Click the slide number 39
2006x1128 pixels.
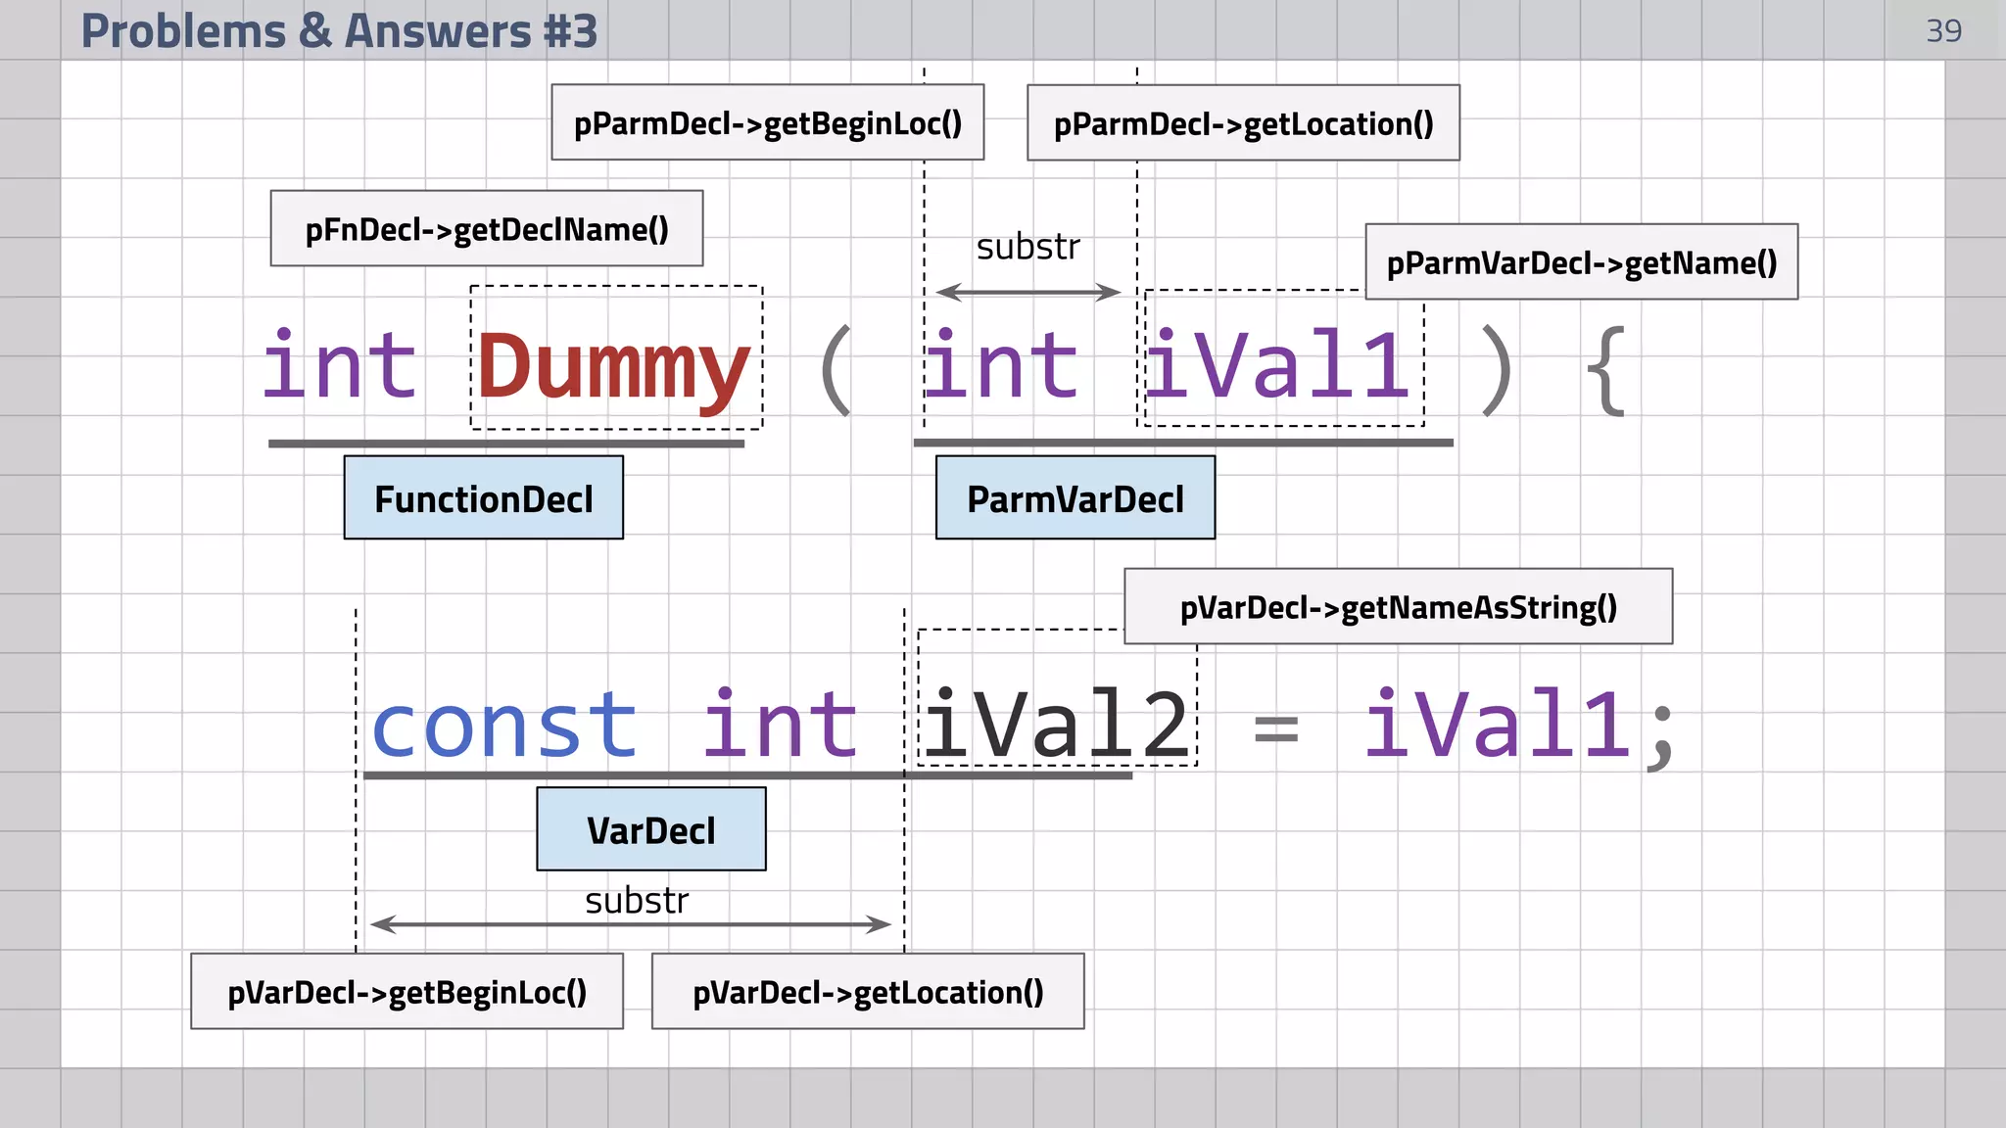[1943, 31]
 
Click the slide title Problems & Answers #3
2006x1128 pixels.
[339, 30]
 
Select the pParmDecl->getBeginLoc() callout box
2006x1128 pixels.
[767, 123]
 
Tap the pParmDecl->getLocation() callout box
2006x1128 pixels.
[1243, 123]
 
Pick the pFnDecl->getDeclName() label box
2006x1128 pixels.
[487, 229]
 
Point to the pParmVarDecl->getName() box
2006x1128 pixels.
[1581, 262]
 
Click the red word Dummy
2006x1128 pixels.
[614, 366]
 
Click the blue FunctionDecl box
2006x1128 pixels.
[483, 498]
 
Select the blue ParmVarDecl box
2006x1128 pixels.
[1075, 498]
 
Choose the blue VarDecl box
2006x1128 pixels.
[651, 829]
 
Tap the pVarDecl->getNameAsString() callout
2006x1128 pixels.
[1398, 607]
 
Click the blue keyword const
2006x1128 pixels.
[504, 726]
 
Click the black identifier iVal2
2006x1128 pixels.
[1056, 726]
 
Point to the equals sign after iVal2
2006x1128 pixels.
[1276, 729]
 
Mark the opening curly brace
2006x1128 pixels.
[1605, 371]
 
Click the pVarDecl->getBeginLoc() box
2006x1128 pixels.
[406, 992]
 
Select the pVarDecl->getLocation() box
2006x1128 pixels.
[868, 992]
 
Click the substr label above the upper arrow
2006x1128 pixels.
[1027, 247]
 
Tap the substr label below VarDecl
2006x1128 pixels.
[637, 900]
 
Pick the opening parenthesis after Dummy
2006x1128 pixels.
[836, 371]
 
